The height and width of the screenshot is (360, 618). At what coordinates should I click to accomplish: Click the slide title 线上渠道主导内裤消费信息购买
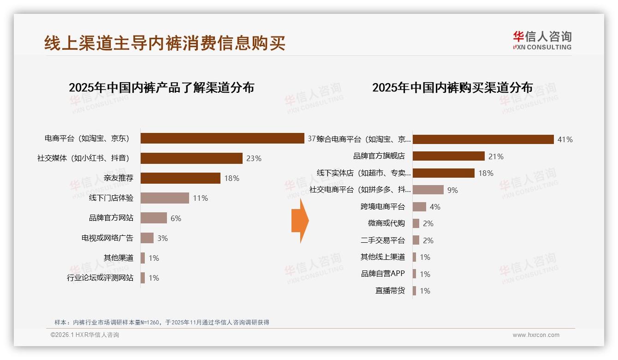click(x=165, y=43)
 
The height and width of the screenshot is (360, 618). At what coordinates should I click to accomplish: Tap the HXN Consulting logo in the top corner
click(x=542, y=40)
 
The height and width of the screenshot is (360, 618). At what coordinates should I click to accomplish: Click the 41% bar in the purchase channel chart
click(x=483, y=139)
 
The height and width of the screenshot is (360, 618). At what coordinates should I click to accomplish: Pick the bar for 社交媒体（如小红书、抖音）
click(x=191, y=158)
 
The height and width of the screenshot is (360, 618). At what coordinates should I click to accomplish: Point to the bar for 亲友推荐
click(x=180, y=178)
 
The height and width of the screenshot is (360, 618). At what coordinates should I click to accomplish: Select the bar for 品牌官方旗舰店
click(x=448, y=156)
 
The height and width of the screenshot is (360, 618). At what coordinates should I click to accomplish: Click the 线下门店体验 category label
click(x=111, y=198)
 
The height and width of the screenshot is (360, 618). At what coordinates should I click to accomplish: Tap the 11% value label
click(x=201, y=198)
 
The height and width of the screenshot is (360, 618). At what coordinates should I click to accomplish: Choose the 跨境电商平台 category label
click(x=383, y=206)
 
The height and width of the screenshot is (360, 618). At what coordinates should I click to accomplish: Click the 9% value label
click(x=452, y=190)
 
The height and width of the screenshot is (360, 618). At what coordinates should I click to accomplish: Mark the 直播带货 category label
click(x=390, y=291)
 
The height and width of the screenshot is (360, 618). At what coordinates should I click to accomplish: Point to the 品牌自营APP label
click(x=383, y=274)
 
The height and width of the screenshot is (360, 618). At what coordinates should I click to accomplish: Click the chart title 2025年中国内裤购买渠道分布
click(x=452, y=88)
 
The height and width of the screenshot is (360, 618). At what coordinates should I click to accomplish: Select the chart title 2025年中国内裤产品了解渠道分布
click(x=161, y=88)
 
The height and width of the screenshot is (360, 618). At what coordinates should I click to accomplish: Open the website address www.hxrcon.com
click(x=536, y=335)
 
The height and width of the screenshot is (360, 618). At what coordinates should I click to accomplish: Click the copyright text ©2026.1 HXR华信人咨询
click(x=85, y=335)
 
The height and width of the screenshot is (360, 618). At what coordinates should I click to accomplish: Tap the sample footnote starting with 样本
click(x=161, y=323)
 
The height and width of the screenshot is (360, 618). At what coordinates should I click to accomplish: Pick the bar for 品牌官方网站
click(x=154, y=218)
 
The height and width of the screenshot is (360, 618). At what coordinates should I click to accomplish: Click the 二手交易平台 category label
click(x=383, y=240)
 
